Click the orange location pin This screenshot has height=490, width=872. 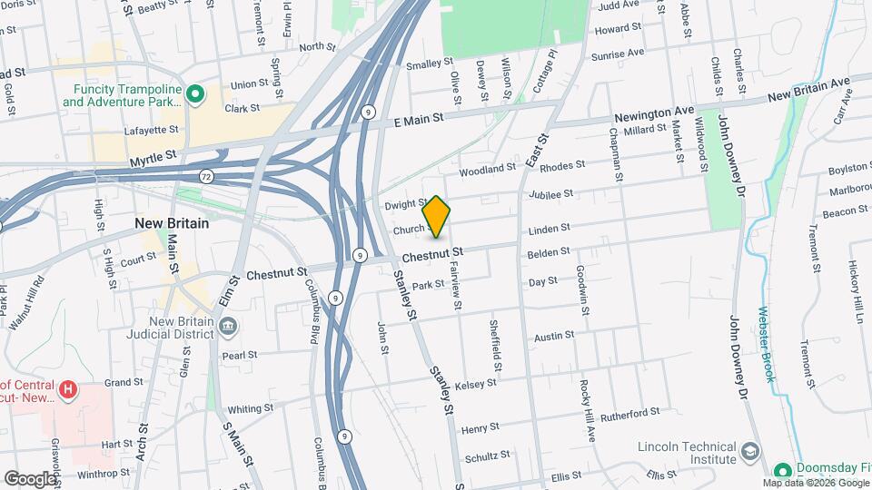click(437, 217)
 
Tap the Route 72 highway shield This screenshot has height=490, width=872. click(207, 171)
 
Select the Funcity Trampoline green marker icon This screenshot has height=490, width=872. click(193, 93)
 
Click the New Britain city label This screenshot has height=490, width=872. click(172, 222)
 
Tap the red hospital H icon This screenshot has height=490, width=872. click(65, 389)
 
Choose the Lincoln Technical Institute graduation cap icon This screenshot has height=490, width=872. click(750, 452)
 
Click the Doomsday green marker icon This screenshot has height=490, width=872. click(782, 471)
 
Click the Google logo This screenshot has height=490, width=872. click(30, 478)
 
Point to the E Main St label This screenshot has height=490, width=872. click(418, 119)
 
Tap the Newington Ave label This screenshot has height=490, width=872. click(654, 115)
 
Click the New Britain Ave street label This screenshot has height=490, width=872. click(808, 89)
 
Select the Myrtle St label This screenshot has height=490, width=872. click(152, 160)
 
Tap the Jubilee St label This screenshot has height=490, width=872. click(556, 193)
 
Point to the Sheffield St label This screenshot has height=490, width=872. click(496, 346)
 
